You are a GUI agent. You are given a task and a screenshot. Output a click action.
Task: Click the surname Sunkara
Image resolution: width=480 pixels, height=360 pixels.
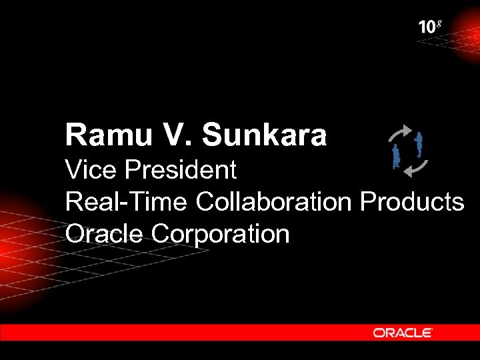tap(264, 135)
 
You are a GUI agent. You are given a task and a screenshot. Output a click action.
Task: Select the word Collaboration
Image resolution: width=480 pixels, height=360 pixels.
tap(273, 201)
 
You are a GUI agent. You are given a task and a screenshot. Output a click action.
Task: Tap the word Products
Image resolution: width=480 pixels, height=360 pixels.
tap(411, 201)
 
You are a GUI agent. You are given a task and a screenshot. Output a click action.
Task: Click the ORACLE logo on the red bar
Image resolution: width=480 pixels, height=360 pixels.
tap(402, 332)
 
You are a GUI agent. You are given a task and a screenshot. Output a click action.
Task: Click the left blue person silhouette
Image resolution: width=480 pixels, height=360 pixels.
tap(396, 156)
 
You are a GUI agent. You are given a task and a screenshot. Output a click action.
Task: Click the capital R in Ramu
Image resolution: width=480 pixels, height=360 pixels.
tap(74, 135)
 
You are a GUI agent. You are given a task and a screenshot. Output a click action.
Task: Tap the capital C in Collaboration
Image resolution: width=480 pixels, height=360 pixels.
tap(205, 201)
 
